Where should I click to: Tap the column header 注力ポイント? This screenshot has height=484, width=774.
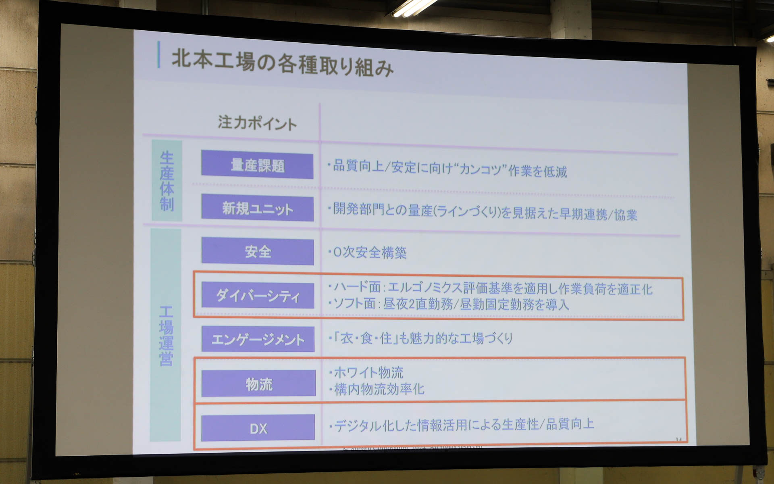(257, 123)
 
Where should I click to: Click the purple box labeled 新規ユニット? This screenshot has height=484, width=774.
(257, 209)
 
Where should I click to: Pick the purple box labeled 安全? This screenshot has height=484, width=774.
(258, 252)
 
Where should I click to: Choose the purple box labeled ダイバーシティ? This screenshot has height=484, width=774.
(258, 296)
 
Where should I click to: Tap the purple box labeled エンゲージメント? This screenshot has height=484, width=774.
(258, 339)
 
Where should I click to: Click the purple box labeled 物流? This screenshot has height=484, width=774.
(258, 384)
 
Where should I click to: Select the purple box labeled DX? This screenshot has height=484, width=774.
(258, 428)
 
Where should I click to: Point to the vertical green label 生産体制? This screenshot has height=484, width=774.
(167, 181)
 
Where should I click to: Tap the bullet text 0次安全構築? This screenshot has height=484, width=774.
(368, 252)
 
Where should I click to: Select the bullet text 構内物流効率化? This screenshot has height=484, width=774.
(377, 389)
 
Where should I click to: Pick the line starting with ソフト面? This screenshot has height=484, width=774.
(449, 304)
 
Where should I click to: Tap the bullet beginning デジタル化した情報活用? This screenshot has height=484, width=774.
(462, 425)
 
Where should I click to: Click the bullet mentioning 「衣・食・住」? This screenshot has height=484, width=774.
(420, 338)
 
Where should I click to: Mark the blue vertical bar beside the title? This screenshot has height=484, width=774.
(159, 54)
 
